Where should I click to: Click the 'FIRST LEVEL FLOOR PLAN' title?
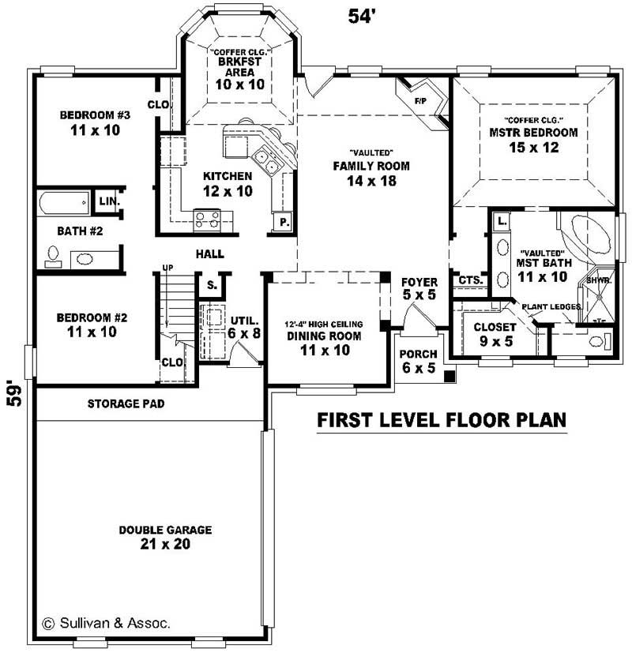pyautogui.click(x=442, y=420)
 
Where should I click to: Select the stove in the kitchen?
pyautogui.click(x=207, y=219)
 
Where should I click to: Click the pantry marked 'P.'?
pyautogui.click(x=283, y=223)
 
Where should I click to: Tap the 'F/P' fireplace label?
pyautogui.click(x=419, y=102)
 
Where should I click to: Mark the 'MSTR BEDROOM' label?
pyautogui.click(x=533, y=133)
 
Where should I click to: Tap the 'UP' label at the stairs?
pyautogui.click(x=167, y=268)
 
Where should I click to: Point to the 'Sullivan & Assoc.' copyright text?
pyautogui.click(x=106, y=623)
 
